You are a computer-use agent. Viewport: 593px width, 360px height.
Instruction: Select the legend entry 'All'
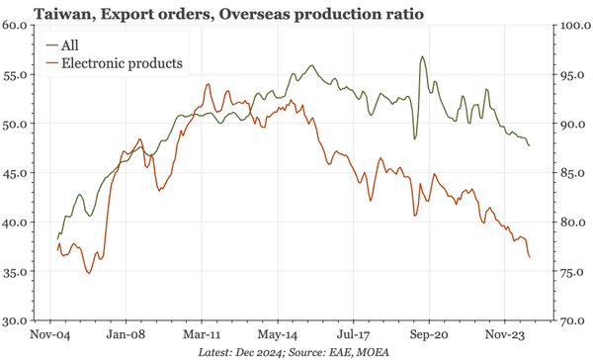click(70, 45)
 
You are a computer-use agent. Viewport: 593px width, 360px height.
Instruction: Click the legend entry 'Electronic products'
click(122, 63)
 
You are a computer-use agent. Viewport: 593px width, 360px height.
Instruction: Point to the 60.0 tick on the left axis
click(19, 26)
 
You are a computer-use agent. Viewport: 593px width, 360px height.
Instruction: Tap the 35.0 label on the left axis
click(19, 272)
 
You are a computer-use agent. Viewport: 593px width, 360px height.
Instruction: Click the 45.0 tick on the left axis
click(19, 174)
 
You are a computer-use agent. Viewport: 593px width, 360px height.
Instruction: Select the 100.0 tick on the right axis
click(573, 26)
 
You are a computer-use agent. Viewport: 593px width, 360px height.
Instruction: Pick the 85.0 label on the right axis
click(573, 174)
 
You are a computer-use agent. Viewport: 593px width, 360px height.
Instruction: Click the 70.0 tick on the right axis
click(573, 321)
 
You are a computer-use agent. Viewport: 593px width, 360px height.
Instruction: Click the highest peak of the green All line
click(422, 57)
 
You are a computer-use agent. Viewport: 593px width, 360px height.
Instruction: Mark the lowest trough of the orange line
click(89, 272)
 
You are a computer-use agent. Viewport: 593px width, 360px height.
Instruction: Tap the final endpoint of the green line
click(529, 146)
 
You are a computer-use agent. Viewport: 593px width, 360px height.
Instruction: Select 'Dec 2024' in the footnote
click(259, 352)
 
